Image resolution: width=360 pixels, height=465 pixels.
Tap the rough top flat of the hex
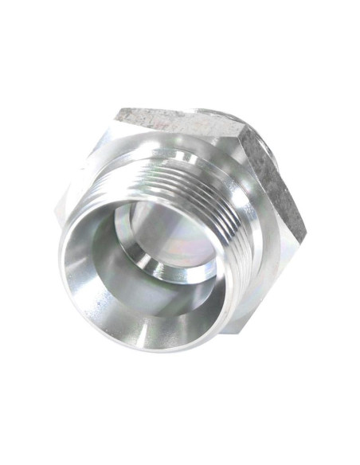(179, 123)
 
